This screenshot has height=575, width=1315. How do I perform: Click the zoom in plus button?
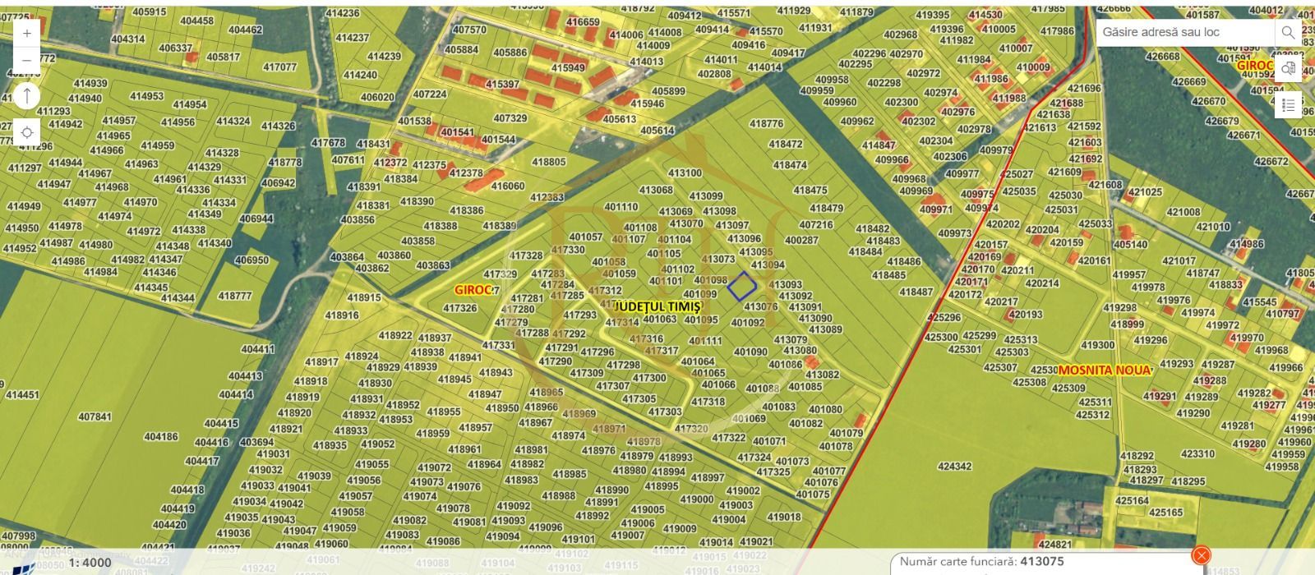(27, 33)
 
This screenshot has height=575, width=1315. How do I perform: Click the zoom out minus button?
(27, 60)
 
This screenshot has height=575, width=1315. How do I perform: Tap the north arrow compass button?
(27, 95)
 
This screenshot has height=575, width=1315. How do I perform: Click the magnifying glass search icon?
(1287, 33)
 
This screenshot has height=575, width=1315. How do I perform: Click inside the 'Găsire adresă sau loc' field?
(1183, 33)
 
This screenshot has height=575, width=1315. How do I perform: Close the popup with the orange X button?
(1201, 555)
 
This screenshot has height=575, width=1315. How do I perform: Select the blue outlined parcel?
(741, 286)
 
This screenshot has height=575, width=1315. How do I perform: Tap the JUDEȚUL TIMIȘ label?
(657, 305)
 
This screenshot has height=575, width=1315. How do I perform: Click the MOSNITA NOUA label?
(1104, 370)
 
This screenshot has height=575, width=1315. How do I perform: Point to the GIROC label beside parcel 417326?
(473, 290)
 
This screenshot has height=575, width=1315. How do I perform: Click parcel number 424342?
(954, 467)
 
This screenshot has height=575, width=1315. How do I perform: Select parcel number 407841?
(95, 417)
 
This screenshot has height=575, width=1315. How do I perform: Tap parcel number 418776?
(766, 124)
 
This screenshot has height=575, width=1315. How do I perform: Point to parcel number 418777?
(235, 296)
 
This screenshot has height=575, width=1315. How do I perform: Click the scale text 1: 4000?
(90, 563)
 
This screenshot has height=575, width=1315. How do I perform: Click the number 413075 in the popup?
(1047, 563)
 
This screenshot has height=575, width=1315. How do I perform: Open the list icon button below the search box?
(1288, 105)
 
